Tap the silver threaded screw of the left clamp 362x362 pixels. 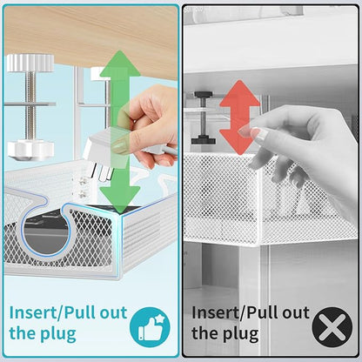coord(28,104)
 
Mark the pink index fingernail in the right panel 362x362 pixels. coord(256,133)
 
